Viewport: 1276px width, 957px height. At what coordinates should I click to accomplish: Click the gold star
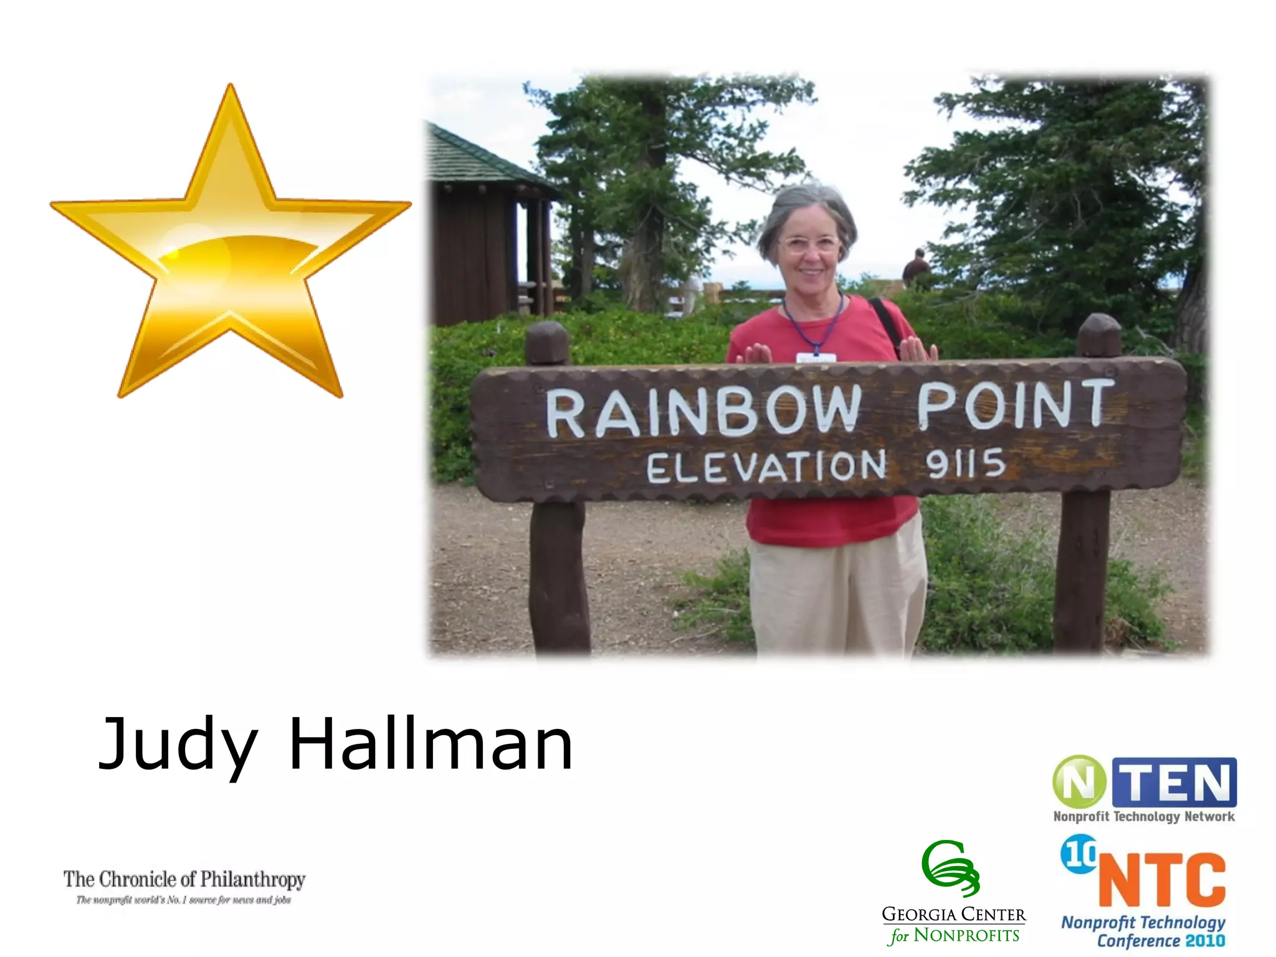click(231, 262)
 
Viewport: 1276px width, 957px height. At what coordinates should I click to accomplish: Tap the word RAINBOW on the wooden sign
click(704, 411)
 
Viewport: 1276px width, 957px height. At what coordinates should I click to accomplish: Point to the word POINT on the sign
click(1016, 405)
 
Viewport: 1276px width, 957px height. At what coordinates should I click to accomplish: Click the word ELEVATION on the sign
click(766, 467)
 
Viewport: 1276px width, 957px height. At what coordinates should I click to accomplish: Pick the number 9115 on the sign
click(965, 464)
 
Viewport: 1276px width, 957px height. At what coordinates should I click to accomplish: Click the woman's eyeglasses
click(809, 244)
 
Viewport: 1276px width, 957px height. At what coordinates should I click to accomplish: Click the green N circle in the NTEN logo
click(1079, 782)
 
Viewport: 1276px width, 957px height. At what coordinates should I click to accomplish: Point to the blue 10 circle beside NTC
click(1079, 854)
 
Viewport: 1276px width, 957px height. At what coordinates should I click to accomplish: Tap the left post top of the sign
click(547, 343)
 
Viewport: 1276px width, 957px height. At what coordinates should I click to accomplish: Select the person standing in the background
click(916, 268)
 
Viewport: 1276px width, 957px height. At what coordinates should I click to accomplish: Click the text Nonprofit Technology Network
click(1144, 816)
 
